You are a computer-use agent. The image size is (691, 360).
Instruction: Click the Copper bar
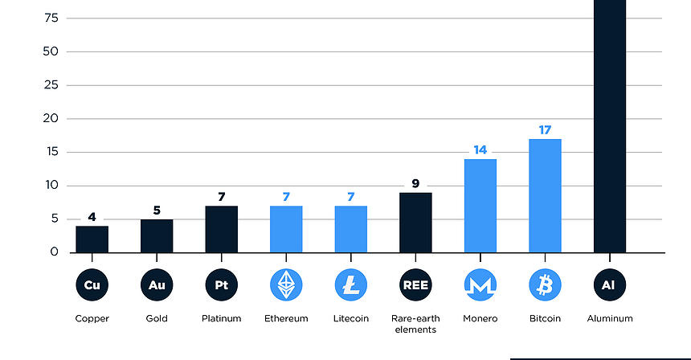pyautogui.click(x=92, y=239)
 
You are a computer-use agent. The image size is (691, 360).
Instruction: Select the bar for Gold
pyautogui.click(x=157, y=235)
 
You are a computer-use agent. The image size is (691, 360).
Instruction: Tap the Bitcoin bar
pyautogui.click(x=545, y=195)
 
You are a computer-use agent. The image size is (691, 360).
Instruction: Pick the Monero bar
pyautogui.click(x=480, y=205)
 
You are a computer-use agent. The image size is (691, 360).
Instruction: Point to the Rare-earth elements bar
pyautogui.click(x=415, y=222)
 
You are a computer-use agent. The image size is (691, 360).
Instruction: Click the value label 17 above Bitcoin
pyautogui.click(x=545, y=129)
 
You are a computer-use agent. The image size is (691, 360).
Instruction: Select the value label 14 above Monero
pyautogui.click(x=480, y=149)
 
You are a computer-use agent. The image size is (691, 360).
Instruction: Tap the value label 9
pyautogui.click(x=415, y=183)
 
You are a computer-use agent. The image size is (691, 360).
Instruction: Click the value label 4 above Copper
pyautogui.click(x=92, y=216)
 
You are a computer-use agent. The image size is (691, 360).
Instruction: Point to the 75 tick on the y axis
pyautogui.click(x=51, y=18)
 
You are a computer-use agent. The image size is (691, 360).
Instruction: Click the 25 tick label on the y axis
pyautogui.click(x=51, y=85)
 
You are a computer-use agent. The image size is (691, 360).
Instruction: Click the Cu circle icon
pyautogui.click(x=92, y=284)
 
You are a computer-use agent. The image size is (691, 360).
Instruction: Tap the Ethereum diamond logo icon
pyautogui.click(x=286, y=284)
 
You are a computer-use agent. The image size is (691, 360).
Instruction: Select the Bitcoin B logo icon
pyautogui.click(x=545, y=284)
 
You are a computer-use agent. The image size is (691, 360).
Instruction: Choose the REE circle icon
pyautogui.click(x=415, y=284)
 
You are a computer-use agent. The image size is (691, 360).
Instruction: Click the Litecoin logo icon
pyautogui.click(x=351, y=284)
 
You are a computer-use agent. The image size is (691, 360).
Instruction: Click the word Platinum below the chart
pyautogui.click(x=221, y=318)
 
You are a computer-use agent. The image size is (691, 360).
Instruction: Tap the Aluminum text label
pyautogui.click(x=609, y=318)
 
